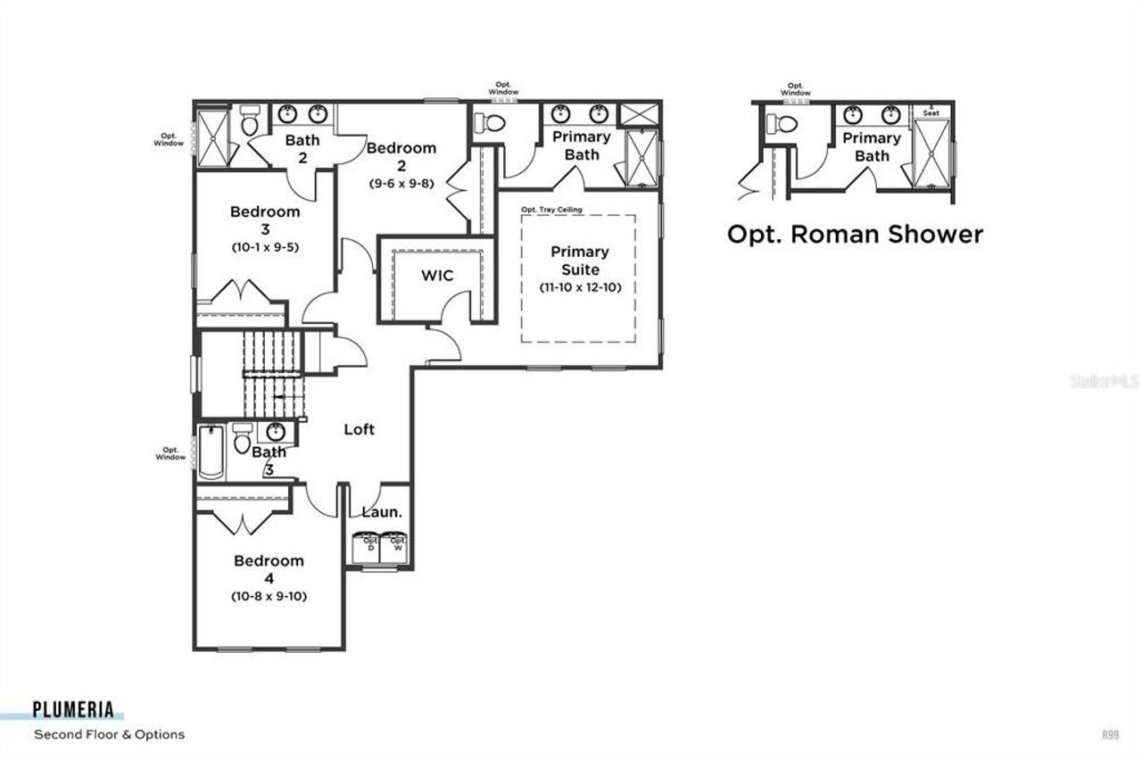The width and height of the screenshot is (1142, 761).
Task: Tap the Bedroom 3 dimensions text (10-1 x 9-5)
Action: (x=264, y=247)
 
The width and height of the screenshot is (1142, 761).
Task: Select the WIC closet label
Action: (x=437, y=276)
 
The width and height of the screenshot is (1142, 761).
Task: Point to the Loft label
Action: (x=360, y=429)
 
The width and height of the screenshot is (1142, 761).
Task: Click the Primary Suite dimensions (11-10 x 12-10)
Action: (x=579, y=287)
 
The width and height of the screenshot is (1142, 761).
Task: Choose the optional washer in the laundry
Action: (x=397, y=546)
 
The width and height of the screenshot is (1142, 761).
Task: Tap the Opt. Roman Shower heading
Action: (x=855, y=234)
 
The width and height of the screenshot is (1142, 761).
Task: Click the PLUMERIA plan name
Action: (x=73, y=710)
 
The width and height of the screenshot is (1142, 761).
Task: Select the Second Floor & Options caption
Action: (x=109, y=734)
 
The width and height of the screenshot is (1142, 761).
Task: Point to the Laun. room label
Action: (x=382, y=512)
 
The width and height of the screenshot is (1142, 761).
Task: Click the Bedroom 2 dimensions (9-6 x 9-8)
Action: (x=401, y=183)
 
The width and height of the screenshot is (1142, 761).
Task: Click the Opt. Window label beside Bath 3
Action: (x=169, y=453)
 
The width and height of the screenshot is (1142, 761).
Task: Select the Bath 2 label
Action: (x=302, y=148)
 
